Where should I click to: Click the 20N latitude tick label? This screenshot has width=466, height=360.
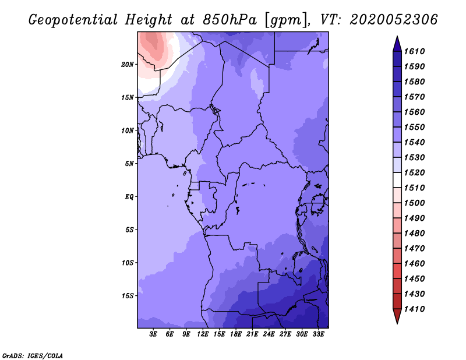128,64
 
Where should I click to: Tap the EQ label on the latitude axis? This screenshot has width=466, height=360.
129,197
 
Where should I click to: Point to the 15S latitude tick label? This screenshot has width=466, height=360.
128,296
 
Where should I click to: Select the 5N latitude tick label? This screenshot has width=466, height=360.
129,164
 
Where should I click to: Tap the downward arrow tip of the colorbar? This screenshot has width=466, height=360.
397,322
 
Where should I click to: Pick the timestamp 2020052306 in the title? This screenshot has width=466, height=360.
394,20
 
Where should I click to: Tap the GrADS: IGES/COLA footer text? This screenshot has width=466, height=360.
33,355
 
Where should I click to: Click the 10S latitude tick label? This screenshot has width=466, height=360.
128,263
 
